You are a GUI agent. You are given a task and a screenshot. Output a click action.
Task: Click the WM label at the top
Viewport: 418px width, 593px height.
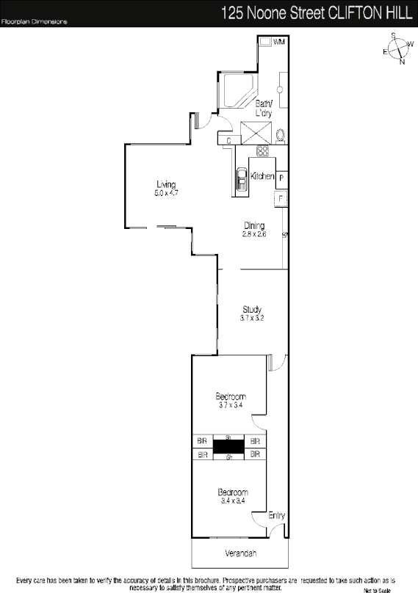click(278, 43)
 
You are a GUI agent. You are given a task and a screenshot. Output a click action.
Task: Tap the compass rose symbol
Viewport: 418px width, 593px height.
click(397, 49)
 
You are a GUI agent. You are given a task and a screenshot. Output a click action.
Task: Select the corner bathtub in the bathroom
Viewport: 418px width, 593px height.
click(237, 92)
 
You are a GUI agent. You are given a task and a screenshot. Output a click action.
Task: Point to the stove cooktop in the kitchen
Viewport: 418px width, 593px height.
click(262, 151)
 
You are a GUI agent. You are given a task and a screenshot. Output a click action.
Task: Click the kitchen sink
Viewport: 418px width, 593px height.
click(242, 179)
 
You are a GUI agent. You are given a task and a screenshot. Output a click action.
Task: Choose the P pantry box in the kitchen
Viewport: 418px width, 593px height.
click(281, 178)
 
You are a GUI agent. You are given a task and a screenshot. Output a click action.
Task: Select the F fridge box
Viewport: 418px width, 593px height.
click(280, 198)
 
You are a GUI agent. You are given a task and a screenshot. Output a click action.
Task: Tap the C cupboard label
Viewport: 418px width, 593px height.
click(229, 139)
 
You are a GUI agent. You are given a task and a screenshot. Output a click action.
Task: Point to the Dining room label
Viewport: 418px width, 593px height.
click(254, 225)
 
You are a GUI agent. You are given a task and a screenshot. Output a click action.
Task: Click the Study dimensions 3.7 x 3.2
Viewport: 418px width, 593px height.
click(251, 319)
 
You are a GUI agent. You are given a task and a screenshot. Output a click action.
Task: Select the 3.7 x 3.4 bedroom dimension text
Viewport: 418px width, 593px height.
click(231, 404)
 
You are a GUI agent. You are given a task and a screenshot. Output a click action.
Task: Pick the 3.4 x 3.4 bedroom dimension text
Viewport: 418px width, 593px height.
click(232, 501)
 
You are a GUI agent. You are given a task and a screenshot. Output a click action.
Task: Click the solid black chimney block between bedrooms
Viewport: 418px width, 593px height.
click(228, 446)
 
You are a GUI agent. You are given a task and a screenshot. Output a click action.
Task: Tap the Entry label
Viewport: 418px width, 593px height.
click(276, 516)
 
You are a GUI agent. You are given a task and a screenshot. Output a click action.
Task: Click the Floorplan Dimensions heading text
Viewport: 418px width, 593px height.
click(34, 22)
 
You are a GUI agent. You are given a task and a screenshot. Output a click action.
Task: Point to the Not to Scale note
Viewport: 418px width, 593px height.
click(378, 589)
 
